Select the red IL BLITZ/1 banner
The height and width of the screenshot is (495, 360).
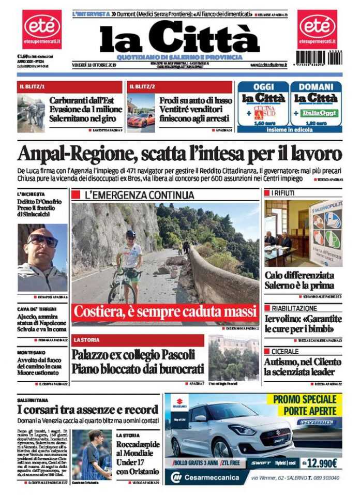69,86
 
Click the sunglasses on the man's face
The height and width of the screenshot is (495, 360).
42,240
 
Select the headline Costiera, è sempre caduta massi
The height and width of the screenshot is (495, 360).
165,312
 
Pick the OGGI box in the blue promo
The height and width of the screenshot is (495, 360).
263,104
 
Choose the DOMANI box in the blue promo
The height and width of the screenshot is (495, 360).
316,104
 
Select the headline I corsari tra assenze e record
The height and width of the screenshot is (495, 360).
86,410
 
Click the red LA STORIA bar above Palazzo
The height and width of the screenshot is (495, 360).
138,340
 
